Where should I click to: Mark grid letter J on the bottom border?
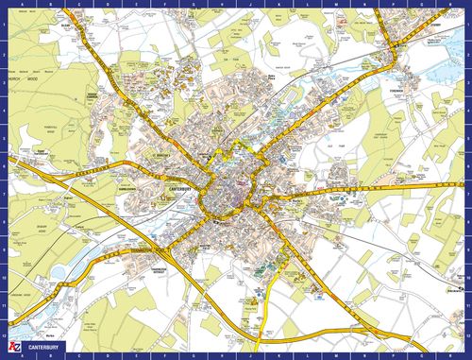[x=247, y=356]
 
